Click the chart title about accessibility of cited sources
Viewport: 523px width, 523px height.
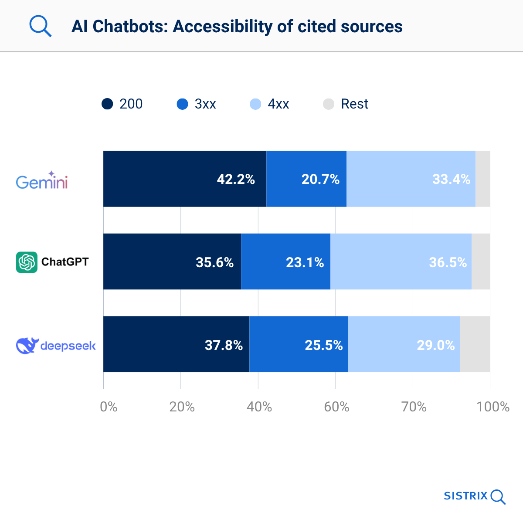pyautogui.click(x=237, y=26)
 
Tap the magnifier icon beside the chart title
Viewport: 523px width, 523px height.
pyautogui.click(x=40, y=26)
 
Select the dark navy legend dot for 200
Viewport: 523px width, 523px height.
pyautogui.click(x=107, y=104)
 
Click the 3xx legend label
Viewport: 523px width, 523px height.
pyautogui.click(x=205, y=104)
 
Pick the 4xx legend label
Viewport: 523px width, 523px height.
pyautogui.click(x=278, y=104)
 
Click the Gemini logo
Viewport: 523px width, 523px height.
pyautogui.click(x=42, y=180)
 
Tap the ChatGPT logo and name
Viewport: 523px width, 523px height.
pyautogui.click(x=52, y=262)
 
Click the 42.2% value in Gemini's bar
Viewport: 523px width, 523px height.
pyautogui.click(x=236, y=179)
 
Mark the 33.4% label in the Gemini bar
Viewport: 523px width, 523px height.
pyautogui.click(x=451, y=179)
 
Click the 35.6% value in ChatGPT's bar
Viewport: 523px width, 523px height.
pyautogui.click(x=214, y=262)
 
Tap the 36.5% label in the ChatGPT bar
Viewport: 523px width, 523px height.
pyautogui.click(x=448, y=262)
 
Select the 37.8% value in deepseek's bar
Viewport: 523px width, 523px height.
pyautogui.click(x=224, y=345)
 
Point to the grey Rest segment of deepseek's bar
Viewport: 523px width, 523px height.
pyautogui.click(x=475, y=344)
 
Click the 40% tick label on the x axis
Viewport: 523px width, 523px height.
pyautogui.click(x=259, y=407)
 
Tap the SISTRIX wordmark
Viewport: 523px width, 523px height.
pyautogui.click(x=465, y=496)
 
